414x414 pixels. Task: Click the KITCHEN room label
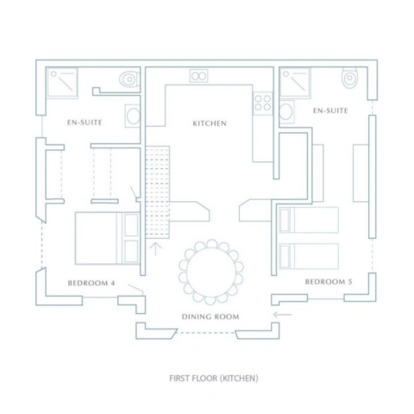210,123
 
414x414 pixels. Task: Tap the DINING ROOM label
210,317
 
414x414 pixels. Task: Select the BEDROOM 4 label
91,283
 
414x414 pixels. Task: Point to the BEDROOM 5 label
329,282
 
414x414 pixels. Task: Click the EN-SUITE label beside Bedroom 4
85,122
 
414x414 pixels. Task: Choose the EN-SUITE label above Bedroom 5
330,110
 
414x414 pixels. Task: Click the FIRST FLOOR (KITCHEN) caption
214,378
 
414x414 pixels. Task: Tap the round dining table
211,272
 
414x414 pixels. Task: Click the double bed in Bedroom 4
107,238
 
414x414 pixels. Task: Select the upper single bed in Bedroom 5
309,220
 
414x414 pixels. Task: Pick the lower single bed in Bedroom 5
309,256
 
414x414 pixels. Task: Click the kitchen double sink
198,76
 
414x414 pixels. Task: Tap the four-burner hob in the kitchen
262,103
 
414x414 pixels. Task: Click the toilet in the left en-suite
129,78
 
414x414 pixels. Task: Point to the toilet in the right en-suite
349,78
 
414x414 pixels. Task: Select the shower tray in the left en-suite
62,83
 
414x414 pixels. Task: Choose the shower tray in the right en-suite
295,83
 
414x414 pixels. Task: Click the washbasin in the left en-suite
133,116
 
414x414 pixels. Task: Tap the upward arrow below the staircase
155,249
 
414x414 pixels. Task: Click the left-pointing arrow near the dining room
282,315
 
